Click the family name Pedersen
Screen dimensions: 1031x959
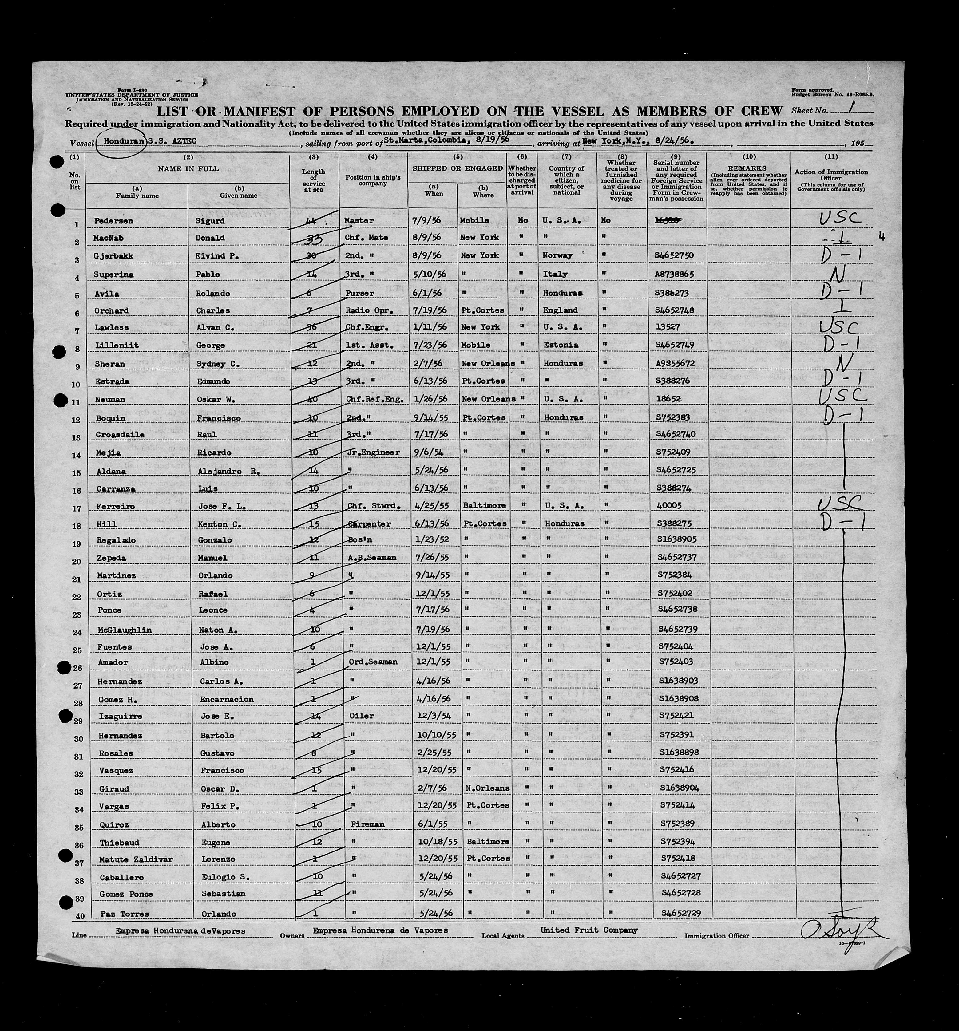click(113, 221)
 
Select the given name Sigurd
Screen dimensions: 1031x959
click(209, 221)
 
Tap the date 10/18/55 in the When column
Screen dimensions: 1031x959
click(431, 841)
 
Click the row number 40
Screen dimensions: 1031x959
click(80, 916)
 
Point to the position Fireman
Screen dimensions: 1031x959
click(367, 824)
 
